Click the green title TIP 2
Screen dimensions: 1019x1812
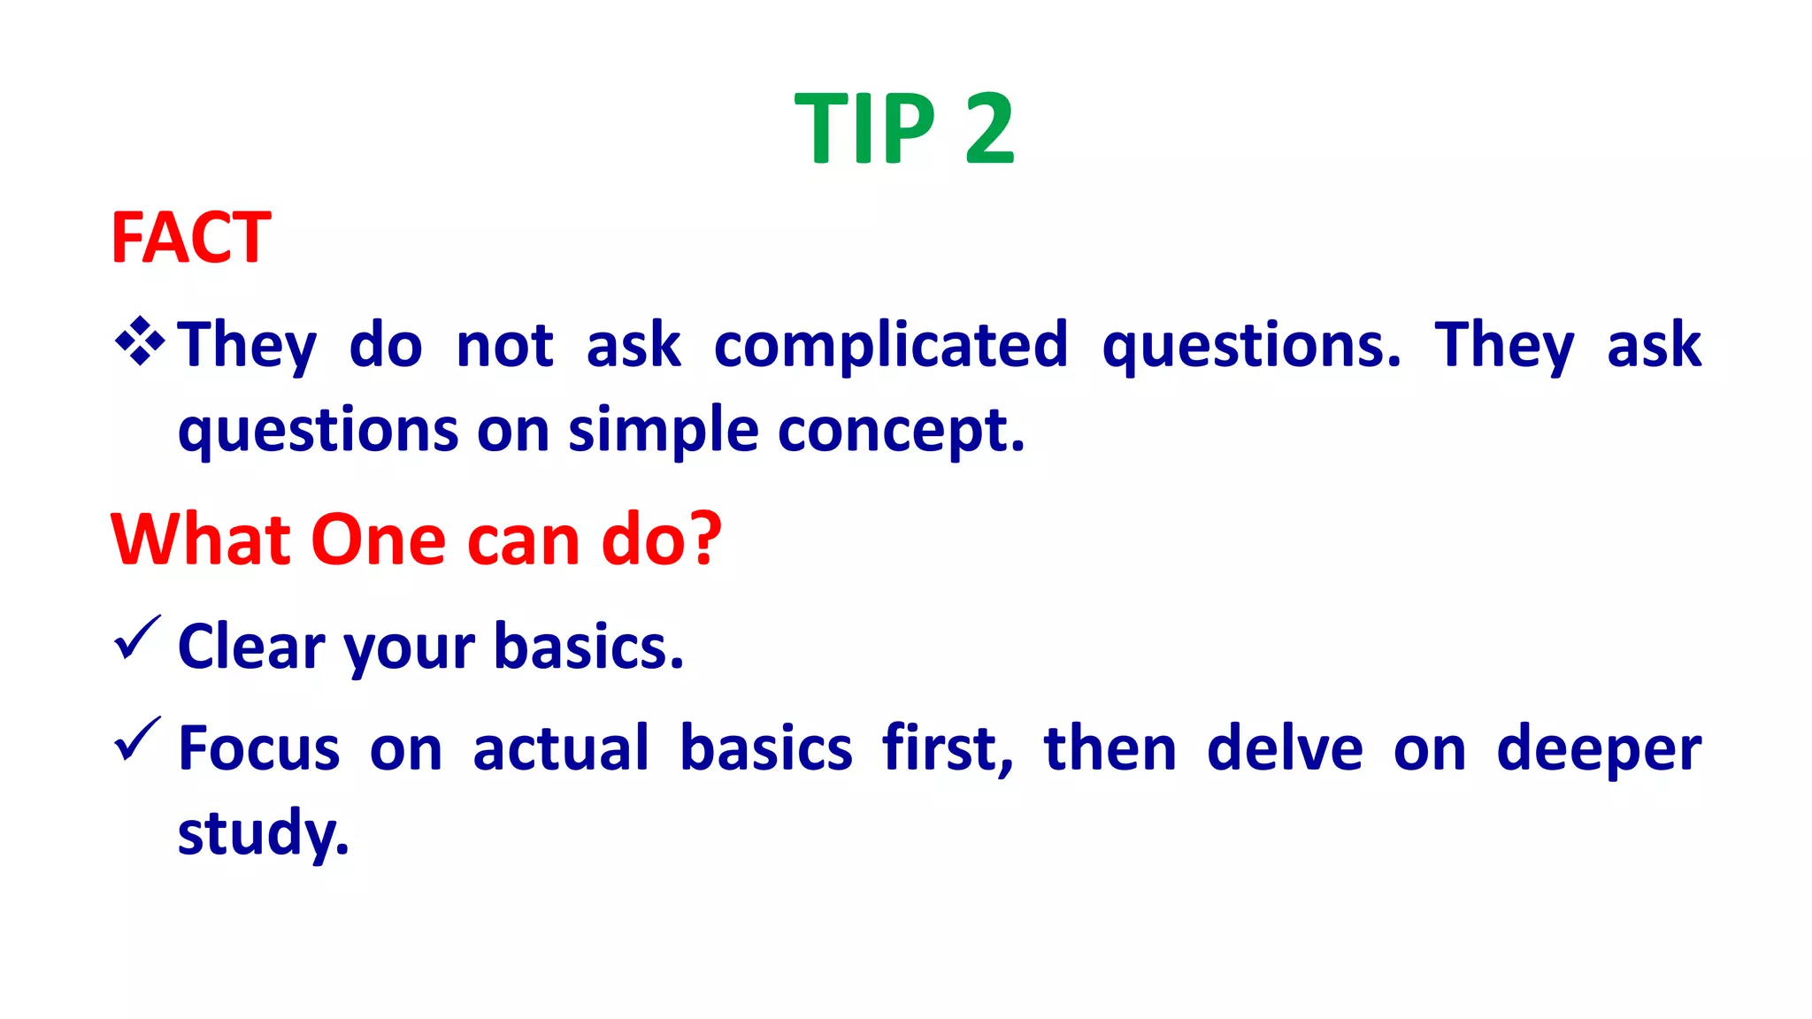click(903, 130)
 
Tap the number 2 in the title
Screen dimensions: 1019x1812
click(988, 130)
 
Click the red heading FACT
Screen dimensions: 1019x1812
click(190, 238)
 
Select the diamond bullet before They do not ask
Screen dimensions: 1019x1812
click(140, 341)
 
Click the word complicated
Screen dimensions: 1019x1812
click(890, 345)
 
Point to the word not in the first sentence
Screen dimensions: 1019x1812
click(504, 345)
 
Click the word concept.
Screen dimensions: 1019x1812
click(901, 431)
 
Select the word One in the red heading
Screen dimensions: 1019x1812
click(378, 540)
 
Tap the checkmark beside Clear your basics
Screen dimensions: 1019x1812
click(136, 639)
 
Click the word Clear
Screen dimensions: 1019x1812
click(251, 647)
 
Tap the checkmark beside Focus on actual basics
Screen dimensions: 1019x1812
click(136, 739)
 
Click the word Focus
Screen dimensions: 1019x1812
click(258, 748)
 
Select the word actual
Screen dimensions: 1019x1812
click(561, 748)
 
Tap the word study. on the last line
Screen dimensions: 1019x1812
click(263, 833)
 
